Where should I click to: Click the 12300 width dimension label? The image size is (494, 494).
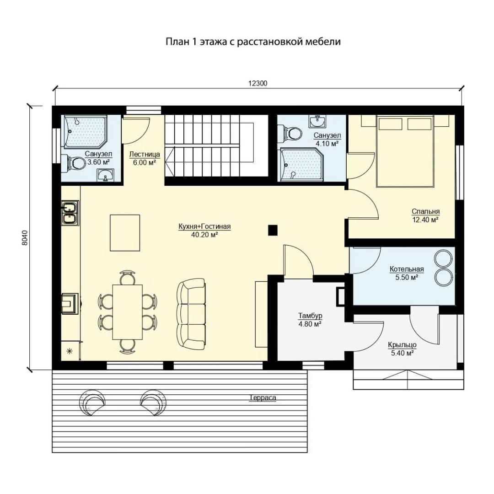click(258, 83)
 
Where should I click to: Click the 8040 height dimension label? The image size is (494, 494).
click(25, 238)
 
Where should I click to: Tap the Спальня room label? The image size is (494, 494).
click(425, 211)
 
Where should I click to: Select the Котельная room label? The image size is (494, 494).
click(407, 269)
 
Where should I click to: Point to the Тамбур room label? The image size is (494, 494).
click(310, 316)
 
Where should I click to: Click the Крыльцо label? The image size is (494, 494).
click(402, 345)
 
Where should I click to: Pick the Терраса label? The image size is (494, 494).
click(263, 397)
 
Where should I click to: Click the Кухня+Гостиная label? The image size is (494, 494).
click(204, 226)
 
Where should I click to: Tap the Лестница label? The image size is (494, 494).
click(145, 155)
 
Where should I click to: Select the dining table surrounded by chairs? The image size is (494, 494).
click(128, 312)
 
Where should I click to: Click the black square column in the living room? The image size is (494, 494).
click(273, 230)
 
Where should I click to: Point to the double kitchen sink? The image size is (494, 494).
click(70, 213)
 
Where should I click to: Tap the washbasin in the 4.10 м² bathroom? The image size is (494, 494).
click(317, 121)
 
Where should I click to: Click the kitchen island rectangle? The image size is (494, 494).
click(125, 233)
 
